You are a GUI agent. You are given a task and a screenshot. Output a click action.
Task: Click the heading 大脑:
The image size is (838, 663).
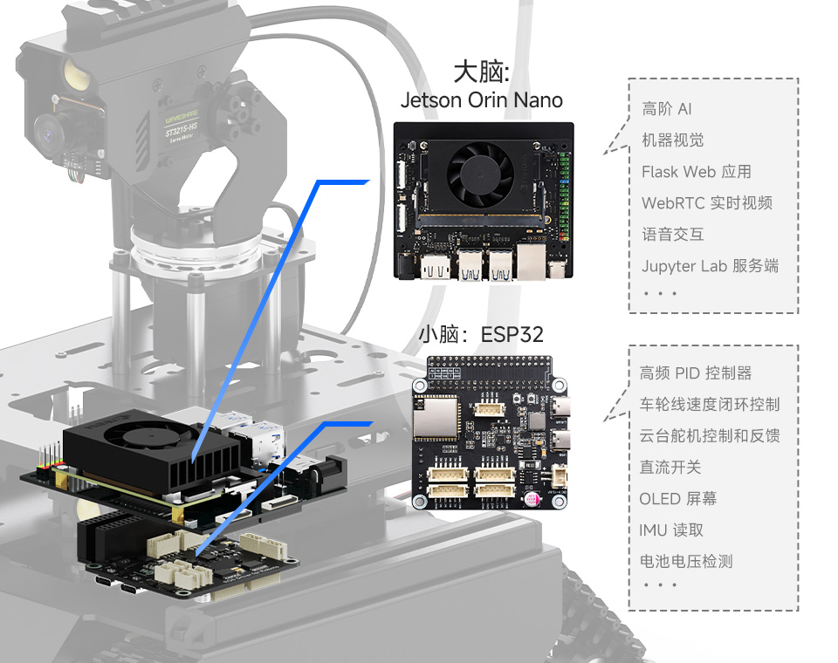(x=481, y=71)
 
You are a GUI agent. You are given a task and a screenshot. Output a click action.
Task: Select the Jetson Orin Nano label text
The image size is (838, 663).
(x=481, y=99)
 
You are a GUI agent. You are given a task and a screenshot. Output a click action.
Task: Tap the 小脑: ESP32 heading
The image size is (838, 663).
(x=480, y=334)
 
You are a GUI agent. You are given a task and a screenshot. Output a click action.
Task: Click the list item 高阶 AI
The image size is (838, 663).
(x=667, y=109)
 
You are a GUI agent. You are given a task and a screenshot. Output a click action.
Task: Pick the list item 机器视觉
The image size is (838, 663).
(x=672, y=140)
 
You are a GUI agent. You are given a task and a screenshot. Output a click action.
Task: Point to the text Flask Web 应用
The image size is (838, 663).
(x=696, y=172)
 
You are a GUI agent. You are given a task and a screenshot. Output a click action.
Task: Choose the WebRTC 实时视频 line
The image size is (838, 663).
(x=707, y=203)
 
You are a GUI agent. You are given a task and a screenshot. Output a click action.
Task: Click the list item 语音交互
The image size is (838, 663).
(x=672, y=235)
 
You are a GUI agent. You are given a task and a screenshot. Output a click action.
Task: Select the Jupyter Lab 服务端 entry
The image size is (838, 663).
(x=710, y=266)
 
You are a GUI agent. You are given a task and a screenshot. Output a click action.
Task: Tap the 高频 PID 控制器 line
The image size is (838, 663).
(x=696, y=373)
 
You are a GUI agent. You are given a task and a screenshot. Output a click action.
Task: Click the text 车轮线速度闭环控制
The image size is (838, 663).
(x=710, y=405)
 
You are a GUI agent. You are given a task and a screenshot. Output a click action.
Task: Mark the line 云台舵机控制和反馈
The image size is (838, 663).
(x=710, y=436)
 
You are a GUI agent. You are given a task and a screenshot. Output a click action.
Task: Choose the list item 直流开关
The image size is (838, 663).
(x=670, y=468)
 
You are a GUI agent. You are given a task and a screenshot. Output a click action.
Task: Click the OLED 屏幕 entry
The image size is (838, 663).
(x=678, y=499)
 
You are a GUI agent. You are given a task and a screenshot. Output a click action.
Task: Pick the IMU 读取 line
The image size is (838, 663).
(x=671, y=530)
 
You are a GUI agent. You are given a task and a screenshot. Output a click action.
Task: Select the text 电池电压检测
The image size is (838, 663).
(x=686, y=562)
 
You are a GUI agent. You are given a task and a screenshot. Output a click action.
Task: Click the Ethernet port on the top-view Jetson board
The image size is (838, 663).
(x=532, y=260)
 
